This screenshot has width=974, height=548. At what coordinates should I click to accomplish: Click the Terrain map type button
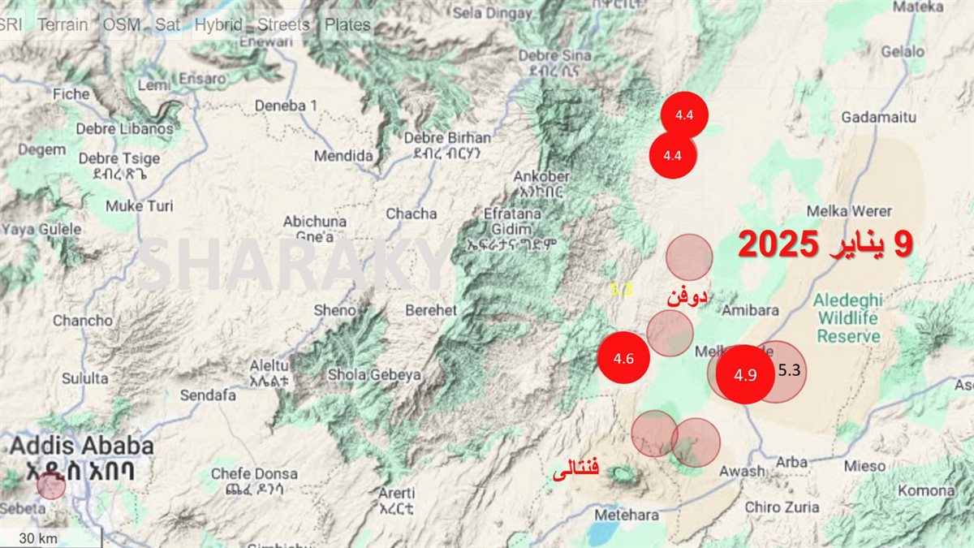[62, 24]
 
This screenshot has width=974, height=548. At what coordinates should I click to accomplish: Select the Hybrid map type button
[218, 24]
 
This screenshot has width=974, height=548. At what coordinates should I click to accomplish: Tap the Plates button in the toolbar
[347, 24]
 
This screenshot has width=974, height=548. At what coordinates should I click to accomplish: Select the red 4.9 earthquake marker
[744, 374]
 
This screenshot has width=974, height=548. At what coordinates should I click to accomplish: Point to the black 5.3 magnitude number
[789, 371]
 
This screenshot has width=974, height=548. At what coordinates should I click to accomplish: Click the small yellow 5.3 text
[621, 289]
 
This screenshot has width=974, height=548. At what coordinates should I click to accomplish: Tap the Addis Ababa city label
[81, 446]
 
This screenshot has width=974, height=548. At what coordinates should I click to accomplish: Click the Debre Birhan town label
[447, 138]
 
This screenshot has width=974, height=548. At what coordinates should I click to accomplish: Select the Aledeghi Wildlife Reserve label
[848, 317]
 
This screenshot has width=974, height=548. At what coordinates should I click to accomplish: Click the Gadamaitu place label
[878, 118]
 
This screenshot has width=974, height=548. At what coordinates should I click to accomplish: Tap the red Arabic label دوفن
[687, 298]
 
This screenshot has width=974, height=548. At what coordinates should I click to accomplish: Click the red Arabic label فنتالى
[575, 469]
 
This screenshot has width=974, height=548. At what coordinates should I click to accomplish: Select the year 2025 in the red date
[780, 245]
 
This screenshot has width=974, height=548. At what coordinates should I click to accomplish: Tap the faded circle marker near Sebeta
[51, 485]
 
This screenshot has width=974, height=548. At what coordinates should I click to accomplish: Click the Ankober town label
[541, 177]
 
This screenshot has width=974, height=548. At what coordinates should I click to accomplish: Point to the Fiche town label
[71, 94]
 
